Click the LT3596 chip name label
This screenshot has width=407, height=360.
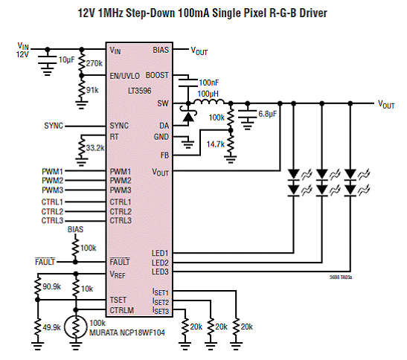coord(139,91)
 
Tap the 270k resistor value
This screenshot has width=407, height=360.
coord(94,63)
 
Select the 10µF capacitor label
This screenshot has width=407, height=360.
coord(66,60)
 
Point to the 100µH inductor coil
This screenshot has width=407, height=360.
coord(209,101)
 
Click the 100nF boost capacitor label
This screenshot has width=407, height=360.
coord(208,83)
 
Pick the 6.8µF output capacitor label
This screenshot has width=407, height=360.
coord(267,114)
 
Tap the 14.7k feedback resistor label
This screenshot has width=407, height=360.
coord(216,144)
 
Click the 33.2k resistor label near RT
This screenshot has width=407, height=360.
coord(95,148)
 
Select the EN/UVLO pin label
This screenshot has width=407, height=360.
coord(124,76)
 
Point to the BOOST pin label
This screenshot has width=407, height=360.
coord(157,75)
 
